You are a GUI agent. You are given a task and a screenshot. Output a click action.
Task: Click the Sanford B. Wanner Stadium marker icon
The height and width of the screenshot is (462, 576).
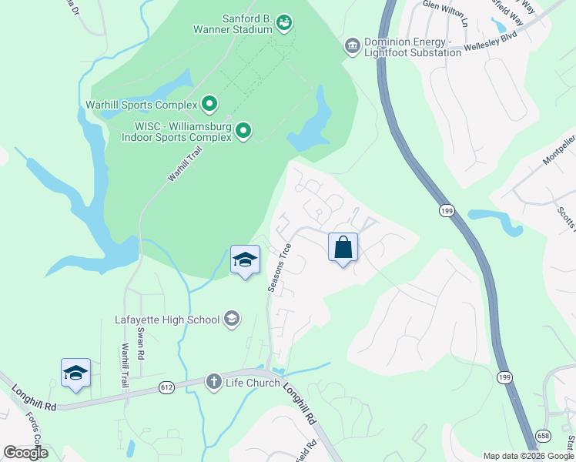tap(284, 23)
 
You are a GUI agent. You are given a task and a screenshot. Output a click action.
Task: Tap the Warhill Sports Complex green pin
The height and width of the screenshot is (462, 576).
tap(209, 104)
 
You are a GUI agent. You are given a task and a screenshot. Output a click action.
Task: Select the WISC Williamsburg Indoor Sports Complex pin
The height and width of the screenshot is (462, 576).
tap(243, 131)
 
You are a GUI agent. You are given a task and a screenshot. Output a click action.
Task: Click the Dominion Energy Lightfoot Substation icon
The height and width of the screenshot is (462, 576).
tap(353, 46)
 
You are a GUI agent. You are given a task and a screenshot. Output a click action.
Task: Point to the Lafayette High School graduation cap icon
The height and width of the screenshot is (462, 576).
tap(231, 319)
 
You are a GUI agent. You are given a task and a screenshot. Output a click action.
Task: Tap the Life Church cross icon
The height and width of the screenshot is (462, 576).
tap(214, 382)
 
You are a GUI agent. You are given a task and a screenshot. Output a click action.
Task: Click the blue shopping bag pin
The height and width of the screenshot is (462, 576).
tap(343, 248)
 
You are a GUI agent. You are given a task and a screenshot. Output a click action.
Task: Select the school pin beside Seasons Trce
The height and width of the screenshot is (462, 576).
tap(245, 260)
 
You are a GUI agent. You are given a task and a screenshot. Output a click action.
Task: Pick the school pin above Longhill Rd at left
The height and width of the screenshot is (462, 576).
tap(75, 373)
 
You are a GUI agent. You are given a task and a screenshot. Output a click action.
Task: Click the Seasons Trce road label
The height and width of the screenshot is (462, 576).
tap(280, 268)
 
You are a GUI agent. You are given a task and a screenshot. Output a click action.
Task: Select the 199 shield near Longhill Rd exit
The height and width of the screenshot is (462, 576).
tap(504, 377)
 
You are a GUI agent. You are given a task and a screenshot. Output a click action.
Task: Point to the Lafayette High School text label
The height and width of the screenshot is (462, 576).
tap(167, 319)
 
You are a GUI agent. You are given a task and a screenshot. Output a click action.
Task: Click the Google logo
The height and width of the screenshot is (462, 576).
tap(25, 453)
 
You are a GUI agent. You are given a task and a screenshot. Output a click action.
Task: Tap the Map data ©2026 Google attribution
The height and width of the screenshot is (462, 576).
tap(528, 456)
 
